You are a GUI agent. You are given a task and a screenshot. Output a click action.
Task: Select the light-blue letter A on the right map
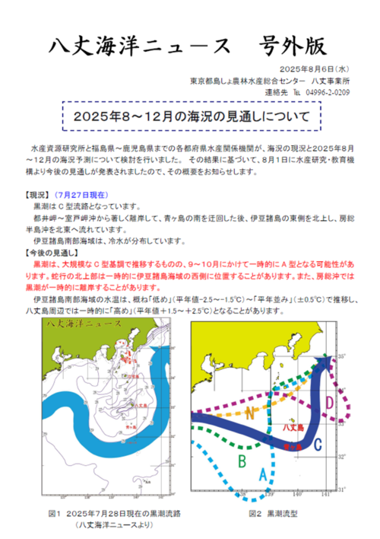[263, 474]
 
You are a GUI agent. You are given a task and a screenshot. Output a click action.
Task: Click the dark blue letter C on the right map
[318, 444]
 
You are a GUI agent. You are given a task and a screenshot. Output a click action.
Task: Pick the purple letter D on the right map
[330, 403]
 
